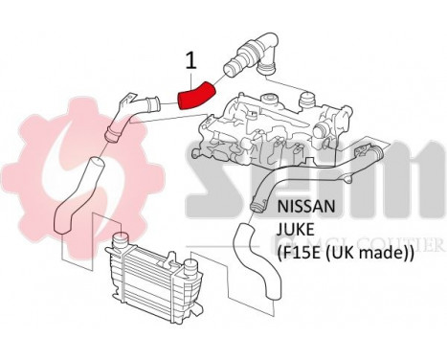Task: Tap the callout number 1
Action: coord(190,60)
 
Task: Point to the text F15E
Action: coord(298,255)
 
